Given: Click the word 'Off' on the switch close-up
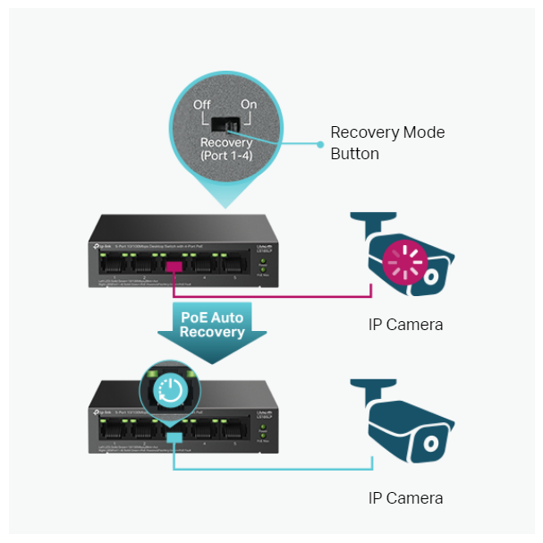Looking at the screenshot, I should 203,105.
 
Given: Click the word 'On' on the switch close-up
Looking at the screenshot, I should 249,105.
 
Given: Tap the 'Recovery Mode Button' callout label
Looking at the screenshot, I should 386,143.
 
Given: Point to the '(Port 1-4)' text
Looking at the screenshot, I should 226,157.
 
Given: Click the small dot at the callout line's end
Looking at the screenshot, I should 318,143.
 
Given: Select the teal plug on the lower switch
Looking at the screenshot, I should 174,436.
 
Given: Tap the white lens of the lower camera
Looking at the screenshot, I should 432,442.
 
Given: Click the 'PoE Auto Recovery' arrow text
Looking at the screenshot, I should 213,324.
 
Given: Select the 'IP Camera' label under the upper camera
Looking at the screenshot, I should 405,324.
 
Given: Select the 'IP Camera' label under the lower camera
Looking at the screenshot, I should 405,497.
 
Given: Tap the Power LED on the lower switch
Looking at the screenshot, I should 261,428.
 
